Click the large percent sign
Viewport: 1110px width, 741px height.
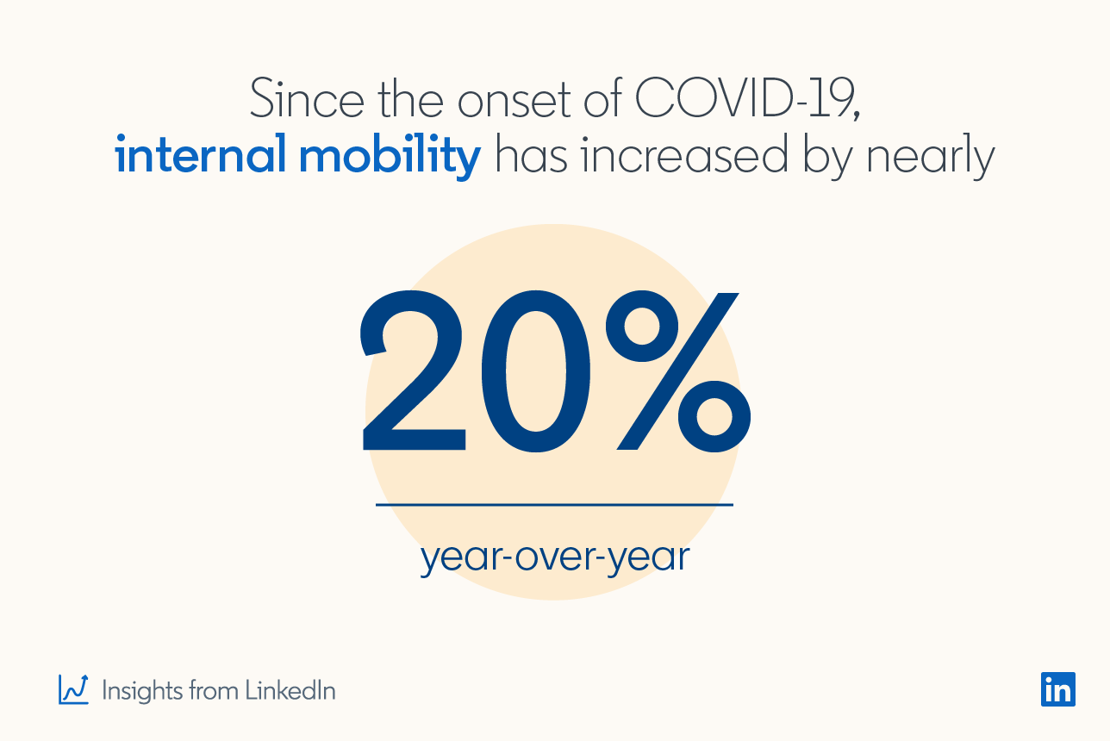pyautogui.click(x=677, y=371)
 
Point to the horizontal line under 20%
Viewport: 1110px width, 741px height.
pyautogui.click(x=554, y=504)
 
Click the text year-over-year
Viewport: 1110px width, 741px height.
pyautogui.click(x=555, y=557)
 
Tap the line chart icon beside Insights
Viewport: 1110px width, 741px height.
pyautogui.click(x=73, y=688)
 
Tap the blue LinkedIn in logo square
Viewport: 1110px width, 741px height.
pyautogui.click(x=1057, y=688)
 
